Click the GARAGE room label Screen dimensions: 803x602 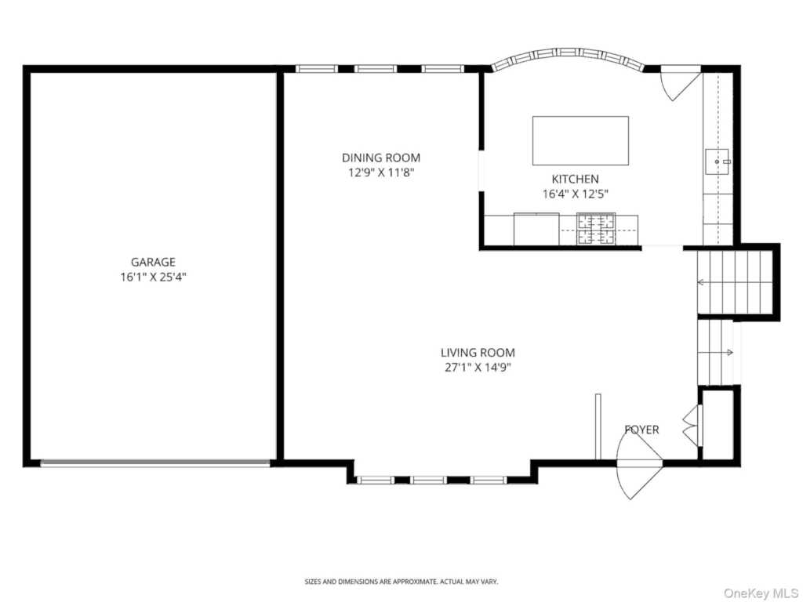tap(153, 262)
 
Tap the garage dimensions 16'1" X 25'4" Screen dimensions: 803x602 tap(153, 277)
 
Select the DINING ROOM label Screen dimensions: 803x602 tap(381, 158)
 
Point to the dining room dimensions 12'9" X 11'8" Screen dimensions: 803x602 tap(381, 172)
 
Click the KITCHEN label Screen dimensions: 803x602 tap(575, 180)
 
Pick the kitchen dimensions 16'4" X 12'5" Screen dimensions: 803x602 tap(575, 194)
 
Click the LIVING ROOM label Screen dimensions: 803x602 tap(478, 353)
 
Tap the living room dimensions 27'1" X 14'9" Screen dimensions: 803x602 tap(478, 368)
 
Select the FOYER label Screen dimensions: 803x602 tap(641, 430)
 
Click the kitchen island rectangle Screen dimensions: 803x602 tap(580, 141)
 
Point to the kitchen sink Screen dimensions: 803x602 tap(717, 161)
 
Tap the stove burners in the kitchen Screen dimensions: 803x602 tap(596, 229)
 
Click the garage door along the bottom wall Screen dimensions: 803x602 tap(154, 463)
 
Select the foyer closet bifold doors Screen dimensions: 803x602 tap(690, 424)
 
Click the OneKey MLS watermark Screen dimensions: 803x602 tap(761, 593)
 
